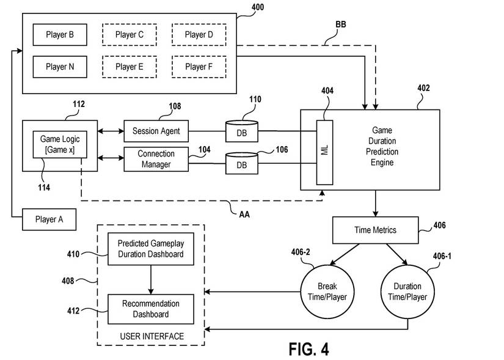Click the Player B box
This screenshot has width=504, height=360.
point(60,35)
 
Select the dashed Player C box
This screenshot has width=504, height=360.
point(129,35)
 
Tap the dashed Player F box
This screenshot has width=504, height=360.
point(199,67)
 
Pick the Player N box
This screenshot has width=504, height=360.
point(60,67)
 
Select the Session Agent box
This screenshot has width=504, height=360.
point(156,131)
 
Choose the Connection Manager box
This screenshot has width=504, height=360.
point(156,159)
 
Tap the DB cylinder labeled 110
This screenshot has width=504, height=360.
point(242,131)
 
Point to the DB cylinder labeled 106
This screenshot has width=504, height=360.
point(242,164)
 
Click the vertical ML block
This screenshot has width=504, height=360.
point(324,151)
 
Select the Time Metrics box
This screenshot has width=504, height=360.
point(375,230)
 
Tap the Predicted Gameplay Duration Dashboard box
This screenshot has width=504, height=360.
point(151,249)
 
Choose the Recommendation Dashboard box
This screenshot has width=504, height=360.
point(151,309)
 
